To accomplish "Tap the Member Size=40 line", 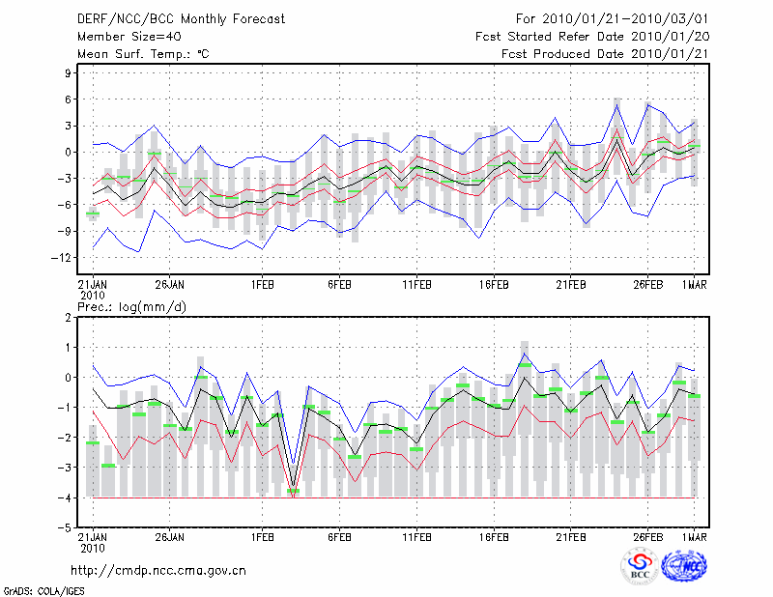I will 124,37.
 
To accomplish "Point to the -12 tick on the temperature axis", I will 64,258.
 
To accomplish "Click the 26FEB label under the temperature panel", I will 646,286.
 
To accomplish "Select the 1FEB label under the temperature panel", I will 261,286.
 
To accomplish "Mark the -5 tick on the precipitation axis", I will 67,527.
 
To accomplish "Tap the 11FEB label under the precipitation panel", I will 415,537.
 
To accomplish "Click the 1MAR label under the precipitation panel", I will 692,537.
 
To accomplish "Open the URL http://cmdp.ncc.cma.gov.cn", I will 158,570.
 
